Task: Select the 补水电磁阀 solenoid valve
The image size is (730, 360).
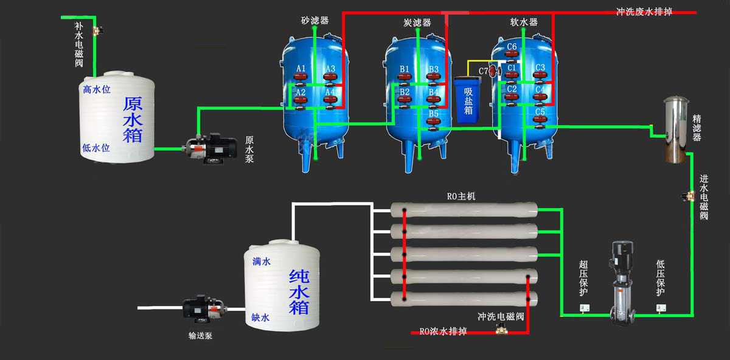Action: (x=96, y=29)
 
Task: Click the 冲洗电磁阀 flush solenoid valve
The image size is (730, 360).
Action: (x=502, y=328)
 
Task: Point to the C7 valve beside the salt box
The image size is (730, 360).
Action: (x=493, y=71)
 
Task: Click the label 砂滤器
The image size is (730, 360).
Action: (x=315, y=21)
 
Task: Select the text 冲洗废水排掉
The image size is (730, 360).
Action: (x=644, y=12)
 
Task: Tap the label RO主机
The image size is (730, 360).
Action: (x=461, y=196)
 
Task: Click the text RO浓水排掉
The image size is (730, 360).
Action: (x=443, y=331)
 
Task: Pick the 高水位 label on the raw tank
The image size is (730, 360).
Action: (x=96, y=90)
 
